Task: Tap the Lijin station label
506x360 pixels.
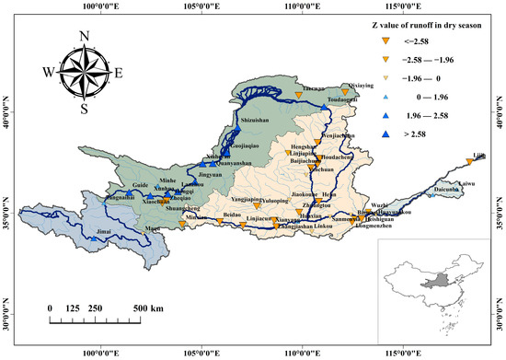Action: tap(478, 155)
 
